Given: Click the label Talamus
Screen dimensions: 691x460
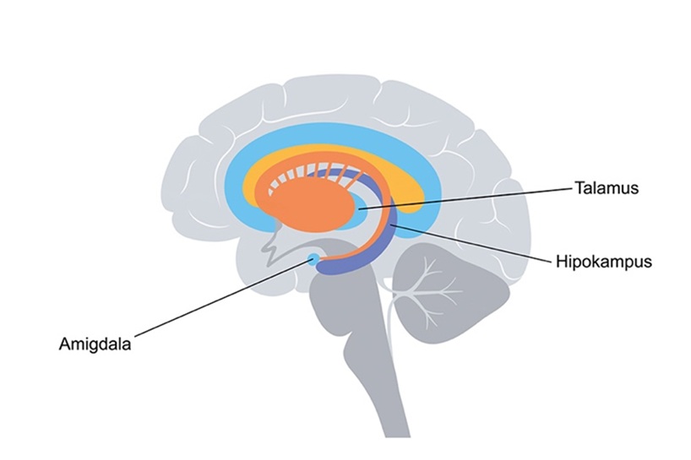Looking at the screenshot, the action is [x=607, y=188].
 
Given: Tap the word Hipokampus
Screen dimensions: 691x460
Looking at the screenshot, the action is [x=604, y=262].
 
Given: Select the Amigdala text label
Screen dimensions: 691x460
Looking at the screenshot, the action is [x=95, y=344].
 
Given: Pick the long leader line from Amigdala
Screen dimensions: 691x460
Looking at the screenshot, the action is [x=222, y=299].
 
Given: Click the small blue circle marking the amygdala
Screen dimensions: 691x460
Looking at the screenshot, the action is [x=313, y=260].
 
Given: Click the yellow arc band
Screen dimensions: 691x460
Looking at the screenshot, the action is [x=335, y=153].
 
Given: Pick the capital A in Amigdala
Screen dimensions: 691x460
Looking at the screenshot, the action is [x=65, y=344].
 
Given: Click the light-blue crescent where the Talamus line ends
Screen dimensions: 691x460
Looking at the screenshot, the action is [x=358, y=210].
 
